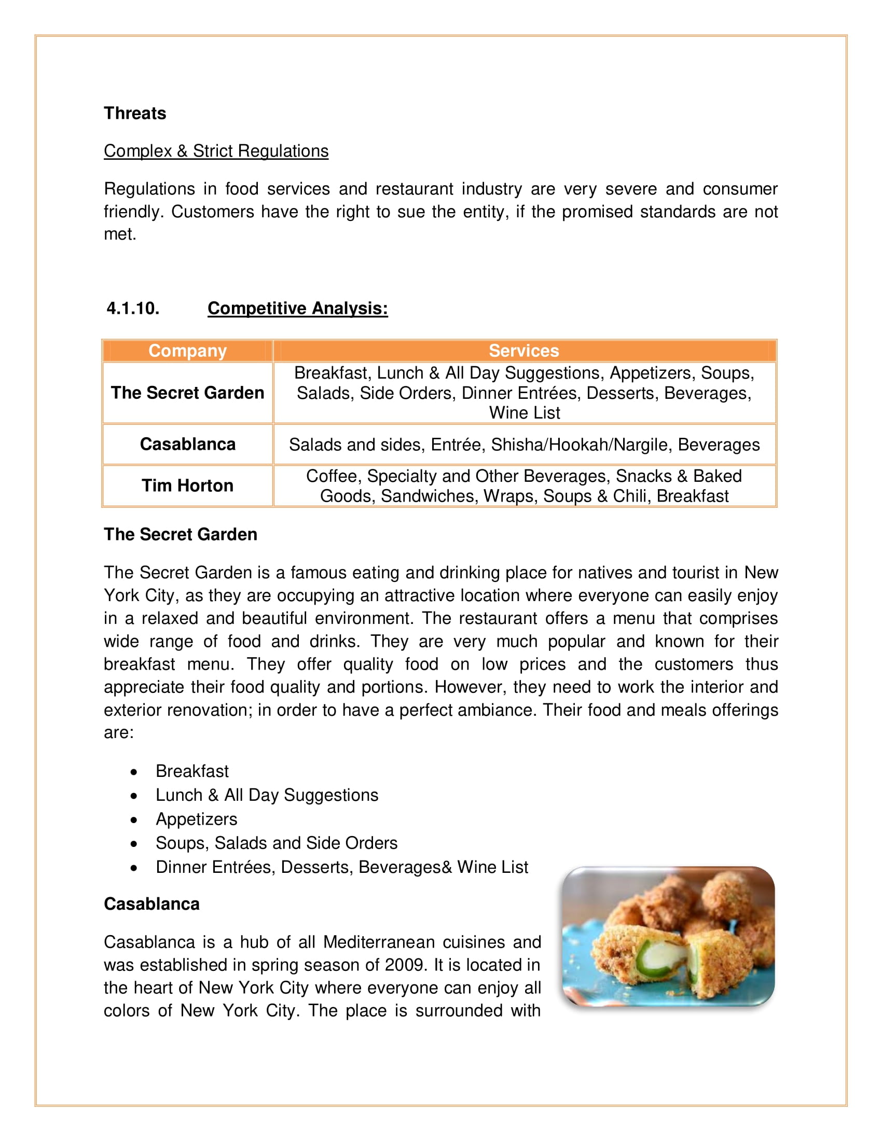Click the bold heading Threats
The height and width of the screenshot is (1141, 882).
click(135, 114)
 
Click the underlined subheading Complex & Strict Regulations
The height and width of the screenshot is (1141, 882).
click(216, 151)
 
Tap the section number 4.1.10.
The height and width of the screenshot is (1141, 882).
click(133, 308)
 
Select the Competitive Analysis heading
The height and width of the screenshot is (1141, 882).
click(297, 308)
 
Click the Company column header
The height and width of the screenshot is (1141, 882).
click(188, 351)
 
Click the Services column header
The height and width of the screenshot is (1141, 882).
click(523, 351)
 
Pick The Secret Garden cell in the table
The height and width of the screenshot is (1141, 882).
click(188, 393)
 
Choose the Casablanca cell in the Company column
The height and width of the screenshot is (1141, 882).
click(188, 444)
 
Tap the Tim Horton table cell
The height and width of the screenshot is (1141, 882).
click(188, 485)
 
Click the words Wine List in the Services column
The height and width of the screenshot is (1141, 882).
click(524, 413)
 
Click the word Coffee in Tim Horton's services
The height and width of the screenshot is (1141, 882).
click(333, 476)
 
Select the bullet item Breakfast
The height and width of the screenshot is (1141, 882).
click(192, 771)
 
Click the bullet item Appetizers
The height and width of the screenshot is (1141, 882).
click(196, 819)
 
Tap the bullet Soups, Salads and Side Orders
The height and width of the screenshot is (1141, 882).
click(277, 843)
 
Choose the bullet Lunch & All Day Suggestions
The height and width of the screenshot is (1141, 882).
click(267, 795)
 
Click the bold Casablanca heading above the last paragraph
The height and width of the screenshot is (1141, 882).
click(151, 904)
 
